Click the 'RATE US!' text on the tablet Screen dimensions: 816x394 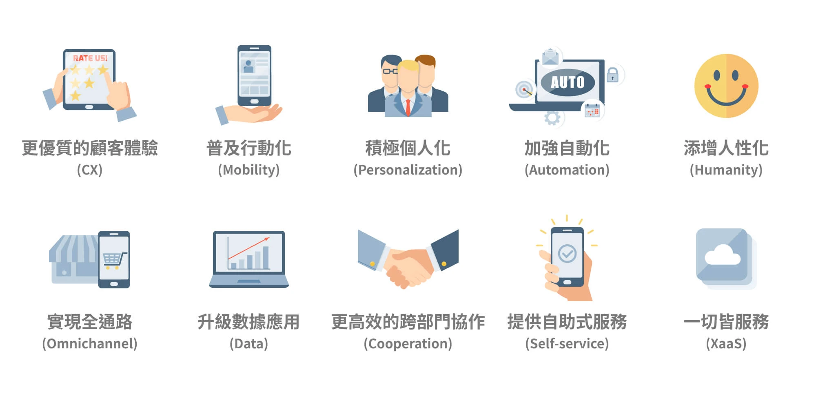click(90, 58)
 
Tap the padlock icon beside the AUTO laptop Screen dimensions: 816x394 click(612, 75)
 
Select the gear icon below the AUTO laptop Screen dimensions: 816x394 click(552, 118)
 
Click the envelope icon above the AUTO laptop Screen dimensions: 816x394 click(550, 57)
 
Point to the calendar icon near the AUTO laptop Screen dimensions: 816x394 click(592, 110)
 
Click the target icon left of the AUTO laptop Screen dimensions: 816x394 click(524, 89)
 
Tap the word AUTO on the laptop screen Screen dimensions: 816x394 click(568, 82)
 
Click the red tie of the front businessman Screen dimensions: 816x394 click(408, 107)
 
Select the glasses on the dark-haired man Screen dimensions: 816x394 click(390, 71)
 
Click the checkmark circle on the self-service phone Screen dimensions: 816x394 click(567, 253)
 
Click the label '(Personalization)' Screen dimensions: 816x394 click(408, 170)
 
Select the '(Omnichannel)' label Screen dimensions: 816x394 click(90, 343)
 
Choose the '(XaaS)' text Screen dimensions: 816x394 click(726, 343)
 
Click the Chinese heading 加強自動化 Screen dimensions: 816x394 click(567, 148)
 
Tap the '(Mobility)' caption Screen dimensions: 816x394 click(249, 170)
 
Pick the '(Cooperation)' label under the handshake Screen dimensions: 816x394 click(408, 343)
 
